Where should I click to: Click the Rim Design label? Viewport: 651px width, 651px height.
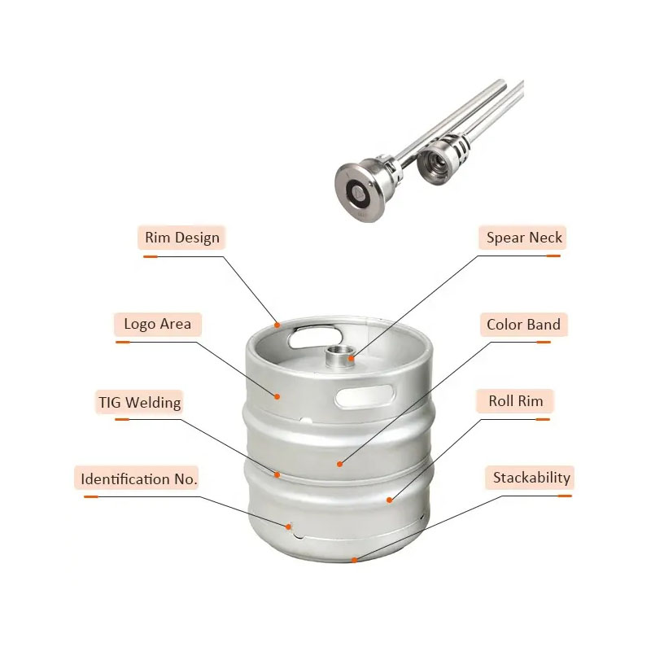(x=181, y=238)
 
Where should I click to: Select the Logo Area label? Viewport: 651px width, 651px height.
(x=158, y=324)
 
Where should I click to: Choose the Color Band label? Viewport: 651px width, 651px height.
(x=524, y=324)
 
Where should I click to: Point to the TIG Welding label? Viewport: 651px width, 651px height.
(x=139, y=402)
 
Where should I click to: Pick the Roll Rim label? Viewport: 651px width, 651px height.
(x=515, y=401)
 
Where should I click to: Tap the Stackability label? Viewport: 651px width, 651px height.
(x=531, y=478)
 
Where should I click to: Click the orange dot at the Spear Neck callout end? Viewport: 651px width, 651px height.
(x=352, y=358)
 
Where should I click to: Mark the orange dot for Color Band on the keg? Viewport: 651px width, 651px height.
(x=339, y=464)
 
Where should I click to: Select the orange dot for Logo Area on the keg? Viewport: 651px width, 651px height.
(x=277, y=396)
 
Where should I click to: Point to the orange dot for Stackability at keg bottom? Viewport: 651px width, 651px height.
(x=354, y=560)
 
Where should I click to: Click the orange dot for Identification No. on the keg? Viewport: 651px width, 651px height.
(x=288, y=526)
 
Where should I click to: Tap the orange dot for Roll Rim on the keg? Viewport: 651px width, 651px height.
(x=390, y=500)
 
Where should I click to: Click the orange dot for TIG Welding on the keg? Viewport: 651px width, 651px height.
(x=277, y=474)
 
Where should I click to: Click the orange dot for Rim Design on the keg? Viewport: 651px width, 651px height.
(x=277, y=325)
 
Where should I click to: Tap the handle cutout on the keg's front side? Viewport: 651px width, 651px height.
(x=365, y=396)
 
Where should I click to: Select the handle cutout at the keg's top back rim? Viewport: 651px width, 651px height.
(x=315, y=337)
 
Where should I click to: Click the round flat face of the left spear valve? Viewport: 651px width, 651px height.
(x=357, y=192)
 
